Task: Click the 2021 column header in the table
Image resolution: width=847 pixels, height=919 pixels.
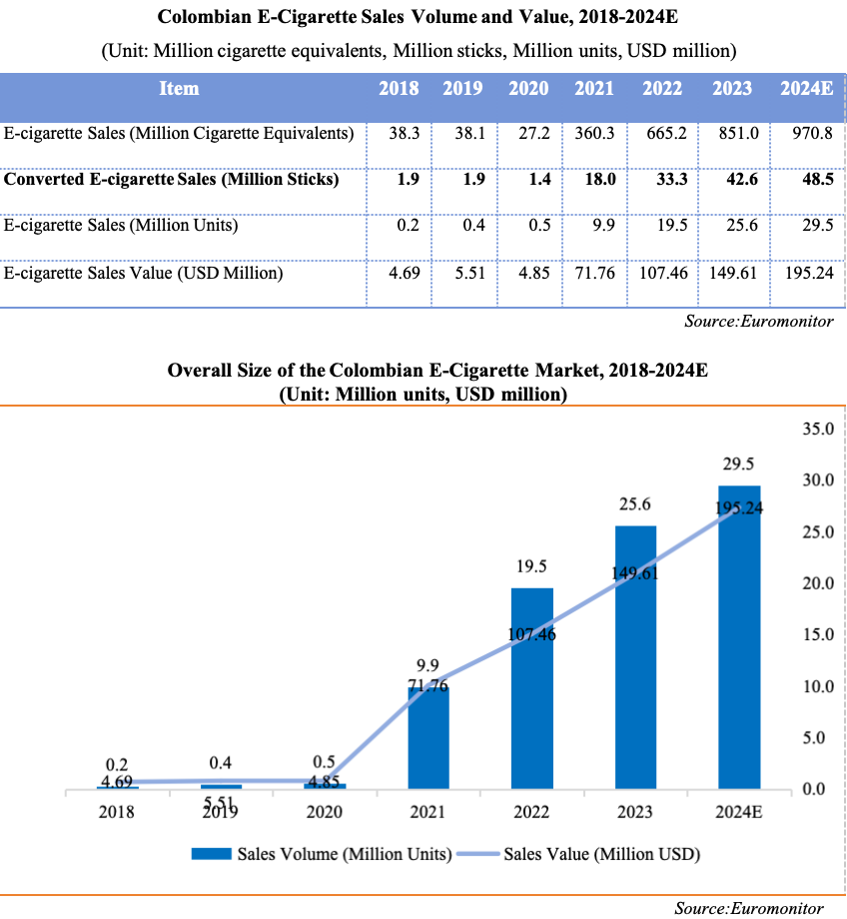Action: (594, 88)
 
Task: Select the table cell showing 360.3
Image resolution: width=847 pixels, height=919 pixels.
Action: (594, 133)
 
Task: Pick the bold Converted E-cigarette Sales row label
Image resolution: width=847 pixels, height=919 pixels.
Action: (172, 180)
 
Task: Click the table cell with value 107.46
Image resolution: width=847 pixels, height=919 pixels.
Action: (662, 272)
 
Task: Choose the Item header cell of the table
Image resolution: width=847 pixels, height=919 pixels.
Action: (179, 88)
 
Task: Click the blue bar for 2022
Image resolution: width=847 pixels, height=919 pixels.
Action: (531, 689)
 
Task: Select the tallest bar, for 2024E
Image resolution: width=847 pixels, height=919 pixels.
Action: (739, 639)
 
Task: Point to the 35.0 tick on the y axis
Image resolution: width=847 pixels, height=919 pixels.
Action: (816, 429)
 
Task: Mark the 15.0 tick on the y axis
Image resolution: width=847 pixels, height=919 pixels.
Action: (816, 634)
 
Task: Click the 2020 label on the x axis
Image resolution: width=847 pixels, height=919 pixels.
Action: (324, 812)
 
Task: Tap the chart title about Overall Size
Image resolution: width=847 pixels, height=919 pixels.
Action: (437, 371)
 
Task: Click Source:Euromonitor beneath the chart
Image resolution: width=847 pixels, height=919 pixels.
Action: (748, 907)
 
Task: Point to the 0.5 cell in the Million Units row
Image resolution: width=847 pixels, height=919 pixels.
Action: (540, 226)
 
